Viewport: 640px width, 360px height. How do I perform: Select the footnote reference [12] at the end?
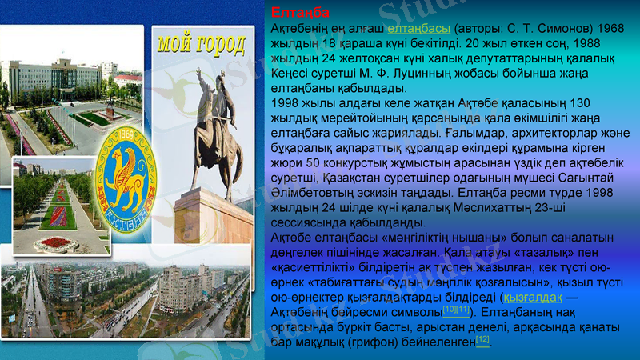coord(482,339)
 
